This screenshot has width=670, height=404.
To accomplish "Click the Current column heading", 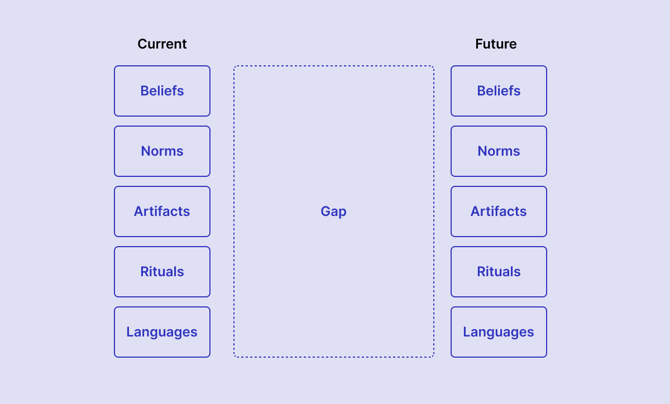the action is (162, 44).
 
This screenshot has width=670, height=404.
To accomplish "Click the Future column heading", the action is (496, 44).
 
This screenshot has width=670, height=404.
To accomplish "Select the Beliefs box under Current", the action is (162, 91).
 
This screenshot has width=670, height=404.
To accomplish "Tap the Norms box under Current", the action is (162, 151).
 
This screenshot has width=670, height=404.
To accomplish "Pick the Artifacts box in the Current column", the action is (162, 211).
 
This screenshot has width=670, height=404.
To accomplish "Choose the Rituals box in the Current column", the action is (162, 272).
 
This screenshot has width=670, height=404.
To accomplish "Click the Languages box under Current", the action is (162, 332).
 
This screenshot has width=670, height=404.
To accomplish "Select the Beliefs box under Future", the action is (499, 91).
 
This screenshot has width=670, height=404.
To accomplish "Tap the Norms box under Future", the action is (499, 151).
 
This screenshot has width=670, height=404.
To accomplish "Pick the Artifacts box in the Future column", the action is (499, 211).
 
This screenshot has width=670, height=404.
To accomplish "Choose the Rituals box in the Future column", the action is (499, 272).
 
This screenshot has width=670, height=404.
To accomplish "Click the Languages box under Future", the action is (499, 332).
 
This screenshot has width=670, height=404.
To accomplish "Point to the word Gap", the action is (333, 212).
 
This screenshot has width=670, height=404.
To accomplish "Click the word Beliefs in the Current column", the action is (162, 91).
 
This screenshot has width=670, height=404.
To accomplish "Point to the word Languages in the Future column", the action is (499, 333).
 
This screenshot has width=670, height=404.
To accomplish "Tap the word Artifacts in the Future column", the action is (499, 211).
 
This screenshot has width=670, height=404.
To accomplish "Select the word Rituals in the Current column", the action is (162, 272).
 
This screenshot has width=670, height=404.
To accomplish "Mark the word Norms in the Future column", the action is (499, 151).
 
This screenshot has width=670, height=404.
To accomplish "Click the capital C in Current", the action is (142, 44).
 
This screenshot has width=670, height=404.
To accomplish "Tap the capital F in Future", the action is (479, 44).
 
